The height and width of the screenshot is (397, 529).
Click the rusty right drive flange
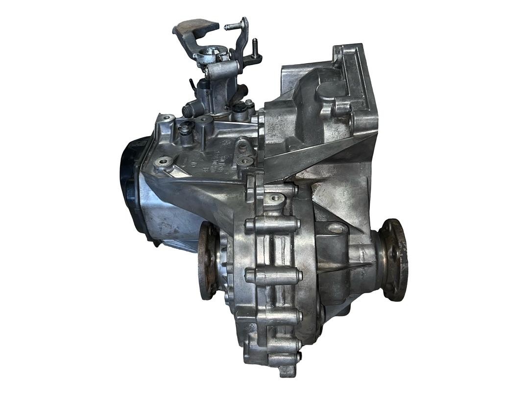394,260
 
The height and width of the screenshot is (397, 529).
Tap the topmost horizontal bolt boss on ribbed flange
272,225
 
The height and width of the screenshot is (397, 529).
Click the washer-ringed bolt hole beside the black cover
163,161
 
